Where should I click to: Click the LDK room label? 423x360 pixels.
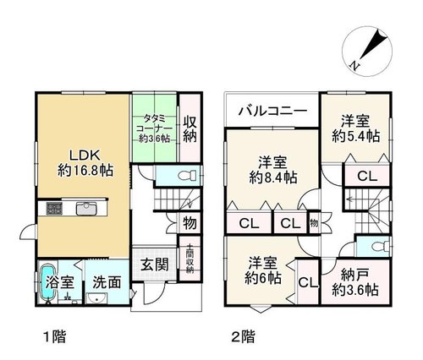(x=85, y=155)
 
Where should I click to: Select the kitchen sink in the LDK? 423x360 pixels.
(x=86, y=209)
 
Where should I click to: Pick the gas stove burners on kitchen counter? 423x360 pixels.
(x=54, y=209)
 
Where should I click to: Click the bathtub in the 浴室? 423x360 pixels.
(x=48, y=281)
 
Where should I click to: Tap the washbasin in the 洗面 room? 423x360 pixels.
(x=96, y=298)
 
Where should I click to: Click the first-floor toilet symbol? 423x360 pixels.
(x=188, y=176)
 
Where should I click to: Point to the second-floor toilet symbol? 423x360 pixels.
(x=380, y=247)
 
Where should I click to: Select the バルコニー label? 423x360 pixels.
(x=272, y=111)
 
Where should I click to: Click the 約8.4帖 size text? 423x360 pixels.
(x=273, y=177)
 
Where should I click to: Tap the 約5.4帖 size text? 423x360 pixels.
(x=356, y=137)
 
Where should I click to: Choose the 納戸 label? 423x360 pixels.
(x=355, y=275)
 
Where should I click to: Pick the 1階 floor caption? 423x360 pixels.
(x=55, y=336)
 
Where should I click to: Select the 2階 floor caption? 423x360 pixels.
(x=243, y=336)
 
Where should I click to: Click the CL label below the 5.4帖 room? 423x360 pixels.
(x=367, y=177)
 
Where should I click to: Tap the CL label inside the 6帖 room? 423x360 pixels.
(x=308, y=282)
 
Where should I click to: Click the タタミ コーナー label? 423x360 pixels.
(x=154, y=128)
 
